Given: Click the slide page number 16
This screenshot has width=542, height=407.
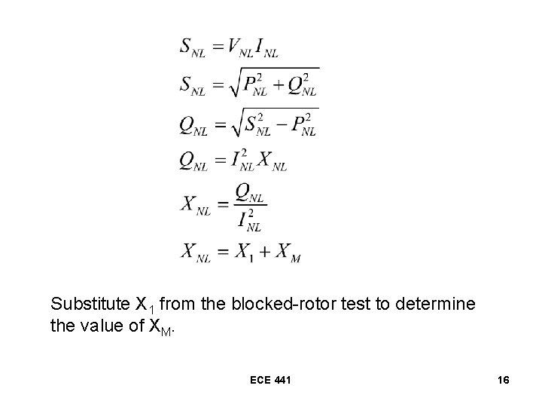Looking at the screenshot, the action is click(x=504, y=380).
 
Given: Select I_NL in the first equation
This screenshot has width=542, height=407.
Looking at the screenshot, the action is click(x=267, y=49).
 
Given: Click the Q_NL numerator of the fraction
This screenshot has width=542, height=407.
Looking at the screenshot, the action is click(x=249, y=195).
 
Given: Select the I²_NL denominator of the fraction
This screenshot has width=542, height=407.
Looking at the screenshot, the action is click(x=249, y=220).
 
